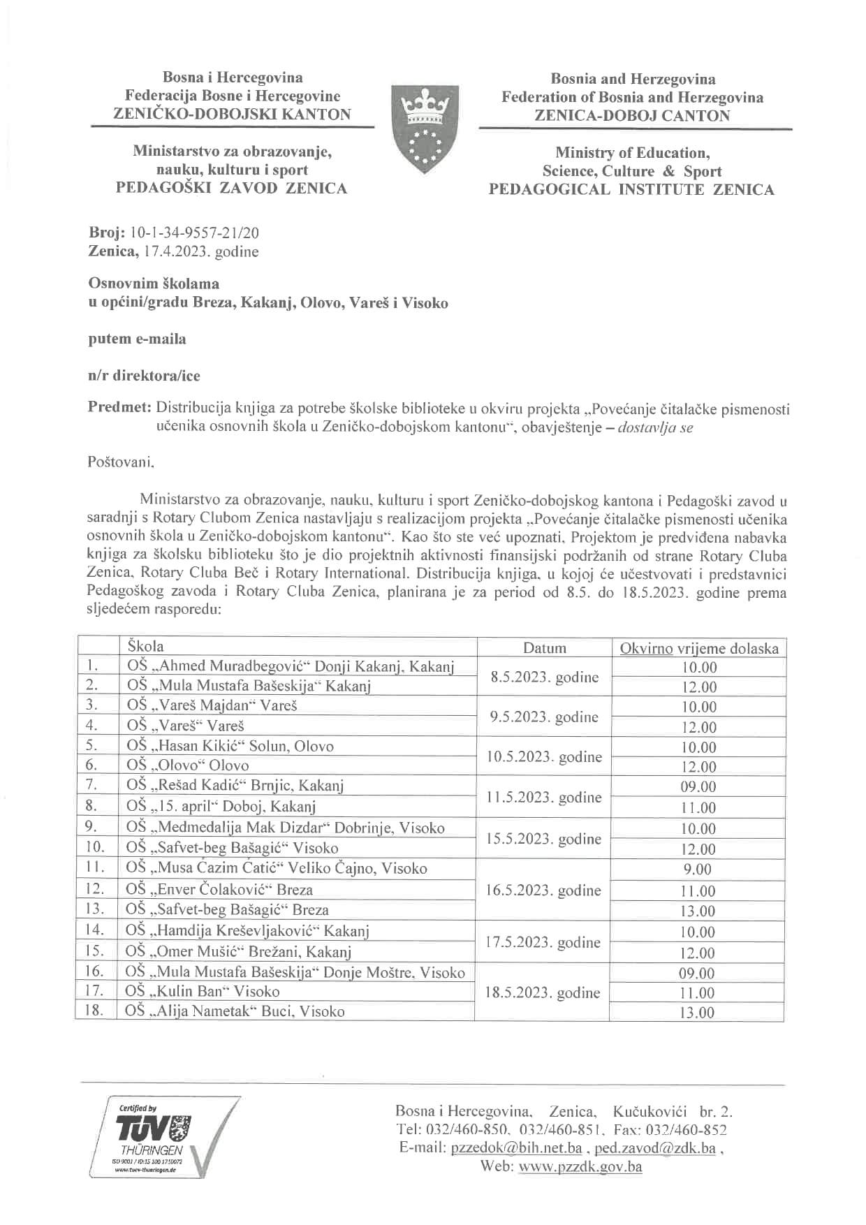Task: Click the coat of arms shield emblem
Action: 420,130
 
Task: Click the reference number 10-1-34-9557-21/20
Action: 194,233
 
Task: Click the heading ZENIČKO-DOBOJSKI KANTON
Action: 232,115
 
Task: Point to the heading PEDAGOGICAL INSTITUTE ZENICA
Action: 631,190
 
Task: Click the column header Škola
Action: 145,646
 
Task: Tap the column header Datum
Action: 544,647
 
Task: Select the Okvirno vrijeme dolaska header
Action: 698,648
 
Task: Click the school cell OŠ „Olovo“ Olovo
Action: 188,765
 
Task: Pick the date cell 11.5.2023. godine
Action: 543,797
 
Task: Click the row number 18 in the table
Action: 94,1010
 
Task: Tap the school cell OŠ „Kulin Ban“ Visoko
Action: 203,991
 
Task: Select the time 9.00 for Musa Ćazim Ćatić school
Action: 698,870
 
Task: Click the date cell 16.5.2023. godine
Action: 543,890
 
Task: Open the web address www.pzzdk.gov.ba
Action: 580,1166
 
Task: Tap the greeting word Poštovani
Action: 121,462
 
